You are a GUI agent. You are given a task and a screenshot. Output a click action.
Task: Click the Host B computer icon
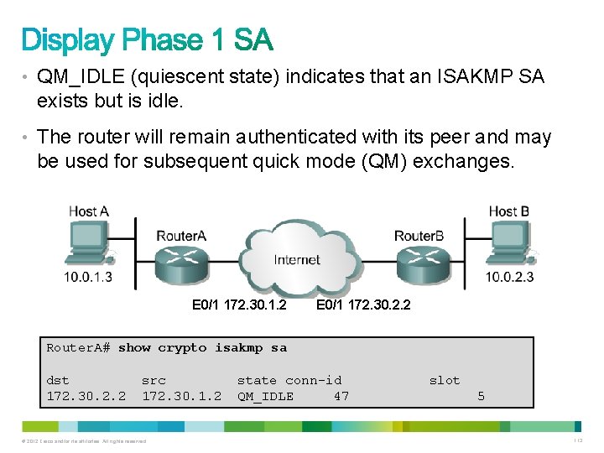pos(512,243)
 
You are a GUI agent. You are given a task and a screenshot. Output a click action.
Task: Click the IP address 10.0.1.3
pos(88,277)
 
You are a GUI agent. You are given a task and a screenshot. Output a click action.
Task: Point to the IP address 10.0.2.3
pos(509,277)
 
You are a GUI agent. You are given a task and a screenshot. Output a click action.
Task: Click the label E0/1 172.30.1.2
pos(239,305)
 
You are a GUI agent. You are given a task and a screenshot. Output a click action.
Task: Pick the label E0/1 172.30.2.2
pos(363,305)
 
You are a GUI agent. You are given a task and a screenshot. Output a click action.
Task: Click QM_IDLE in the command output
pos(265,396)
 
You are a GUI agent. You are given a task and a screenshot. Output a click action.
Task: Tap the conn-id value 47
pos(341,396)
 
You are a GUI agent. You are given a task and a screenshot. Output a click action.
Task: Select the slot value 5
pos(481,396)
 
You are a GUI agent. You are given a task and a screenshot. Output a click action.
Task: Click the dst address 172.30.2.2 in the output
pos(86,396)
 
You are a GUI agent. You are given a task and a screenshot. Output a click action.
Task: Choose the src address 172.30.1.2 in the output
pos(181,396)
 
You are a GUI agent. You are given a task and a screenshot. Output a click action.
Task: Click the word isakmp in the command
pos(238,347)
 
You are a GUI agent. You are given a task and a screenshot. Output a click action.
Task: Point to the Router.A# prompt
pos(78,347)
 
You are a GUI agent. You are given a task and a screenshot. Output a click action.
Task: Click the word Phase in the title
pos(174,40)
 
